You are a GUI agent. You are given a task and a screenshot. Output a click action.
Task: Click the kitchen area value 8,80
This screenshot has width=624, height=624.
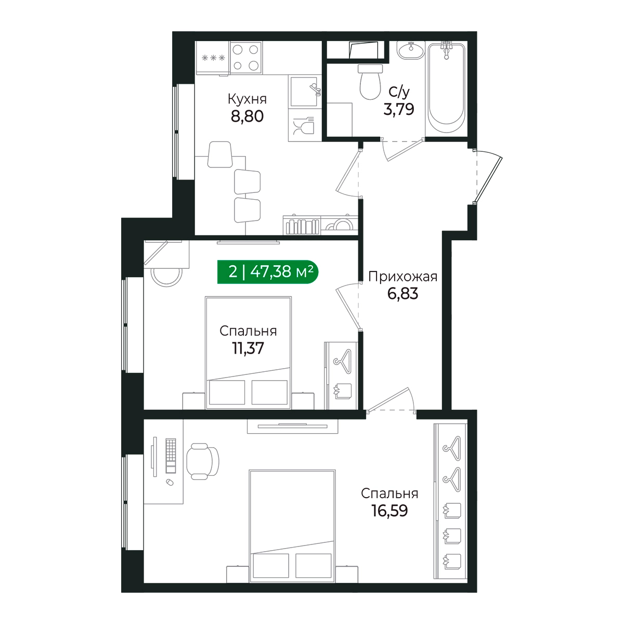point(247,116)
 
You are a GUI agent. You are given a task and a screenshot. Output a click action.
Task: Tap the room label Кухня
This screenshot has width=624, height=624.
point(247,99)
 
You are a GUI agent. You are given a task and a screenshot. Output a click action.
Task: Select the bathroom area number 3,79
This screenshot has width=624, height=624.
point(399,109)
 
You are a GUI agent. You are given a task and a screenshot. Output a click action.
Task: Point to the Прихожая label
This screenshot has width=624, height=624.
point(403,277)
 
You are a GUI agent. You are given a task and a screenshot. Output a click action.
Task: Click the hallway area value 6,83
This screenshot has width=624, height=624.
point(403,294)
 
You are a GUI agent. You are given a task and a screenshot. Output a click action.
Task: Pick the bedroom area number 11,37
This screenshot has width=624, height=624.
point(248,348)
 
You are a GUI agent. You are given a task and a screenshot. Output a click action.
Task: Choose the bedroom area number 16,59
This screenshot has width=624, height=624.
point(389,511)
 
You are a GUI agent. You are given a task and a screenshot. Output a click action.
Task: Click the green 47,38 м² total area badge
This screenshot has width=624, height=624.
point(268,271)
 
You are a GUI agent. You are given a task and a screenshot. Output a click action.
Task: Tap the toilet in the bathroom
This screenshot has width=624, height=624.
point(370,82)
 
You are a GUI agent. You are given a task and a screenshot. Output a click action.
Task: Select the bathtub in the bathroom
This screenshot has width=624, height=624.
point(447,88)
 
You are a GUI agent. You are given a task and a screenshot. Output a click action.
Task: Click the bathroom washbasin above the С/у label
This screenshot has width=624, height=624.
point(411,50)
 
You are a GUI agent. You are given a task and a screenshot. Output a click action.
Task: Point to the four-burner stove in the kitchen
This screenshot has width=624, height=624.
point(246,58)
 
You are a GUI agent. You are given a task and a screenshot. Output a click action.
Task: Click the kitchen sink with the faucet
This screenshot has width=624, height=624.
point(305,92)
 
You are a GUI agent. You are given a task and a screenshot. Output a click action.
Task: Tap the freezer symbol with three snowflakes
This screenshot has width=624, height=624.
point(213,58)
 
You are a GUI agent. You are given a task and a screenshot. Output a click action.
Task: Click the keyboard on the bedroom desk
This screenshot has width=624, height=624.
point(171,456)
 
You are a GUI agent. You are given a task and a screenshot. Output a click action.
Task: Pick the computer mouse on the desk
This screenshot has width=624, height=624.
point(170,482)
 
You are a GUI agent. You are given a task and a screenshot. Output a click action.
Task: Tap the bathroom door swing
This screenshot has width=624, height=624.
point(402,149)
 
